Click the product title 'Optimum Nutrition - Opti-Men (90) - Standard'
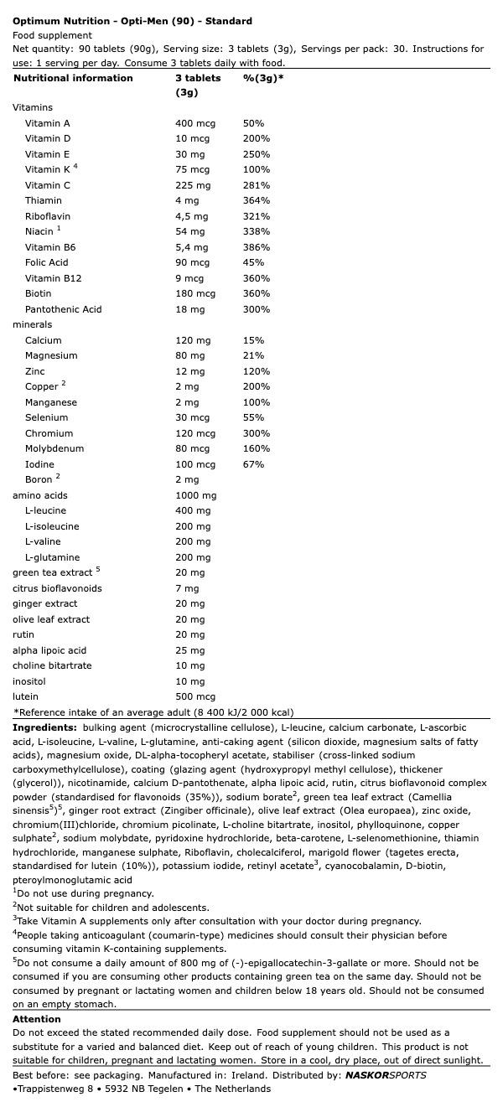pos(132,21)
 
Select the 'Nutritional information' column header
pos(73,78)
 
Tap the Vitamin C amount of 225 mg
pos(193,185)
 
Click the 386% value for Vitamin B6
pos(256,247)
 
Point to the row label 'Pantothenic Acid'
pos(63,309)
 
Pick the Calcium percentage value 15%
pos(253,340)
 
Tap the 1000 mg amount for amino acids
pos(195,495)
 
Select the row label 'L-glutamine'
pos(52,557)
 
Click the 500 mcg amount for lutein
pos(195,696)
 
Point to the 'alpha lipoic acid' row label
pos(49,650)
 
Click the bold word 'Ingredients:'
pos(44,727)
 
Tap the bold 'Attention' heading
pos(37,1019)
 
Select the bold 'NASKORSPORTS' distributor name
pos(386,1075)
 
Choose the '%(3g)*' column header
pos(263,78)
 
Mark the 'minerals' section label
pos(32,324)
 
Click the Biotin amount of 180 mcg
pos(195,293)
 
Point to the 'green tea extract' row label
pos(52,572)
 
